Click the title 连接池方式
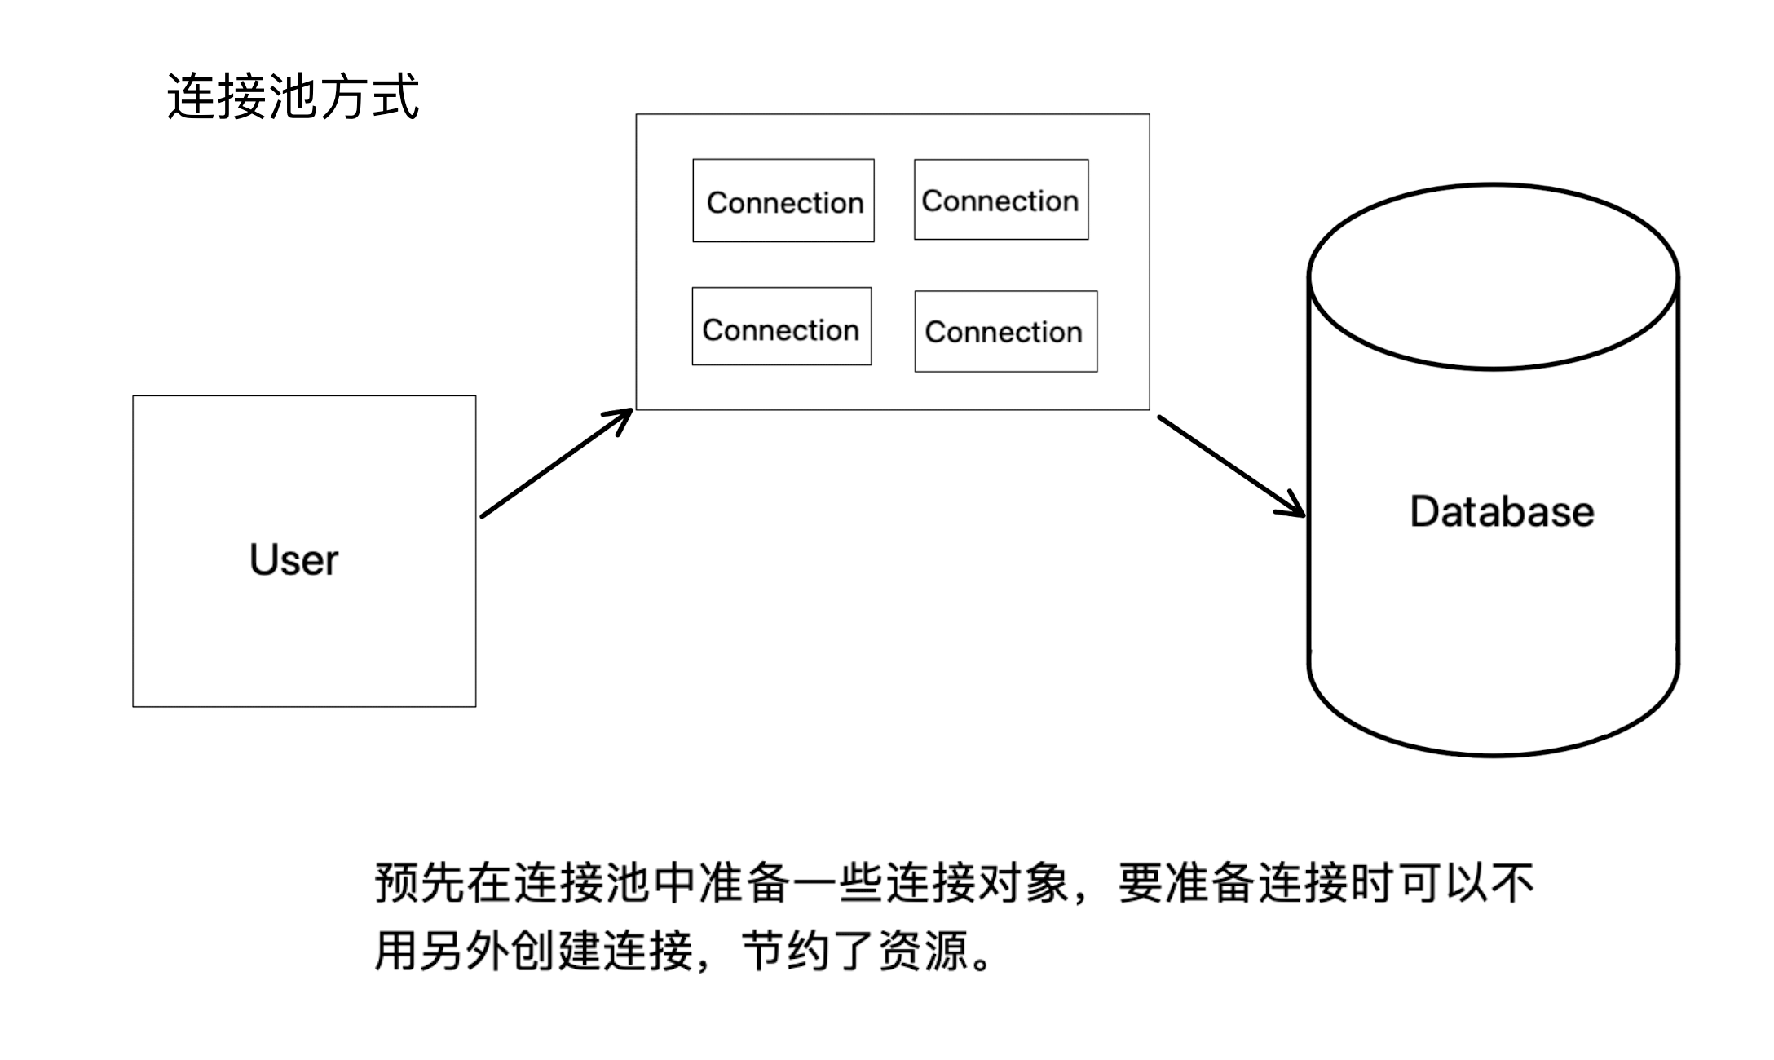(x=293, y=97)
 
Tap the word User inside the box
(x=293, y=560)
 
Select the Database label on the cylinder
(x=1501, y=512)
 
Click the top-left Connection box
(x=783, y=201)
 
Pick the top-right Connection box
(x=1001, y=200)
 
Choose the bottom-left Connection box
(x=782, y=326)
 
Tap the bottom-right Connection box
(x=1005, y=332)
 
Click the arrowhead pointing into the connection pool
(x=623, y=418)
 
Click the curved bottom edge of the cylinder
(x=1494, y=753)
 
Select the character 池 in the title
(x=293, y=97)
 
